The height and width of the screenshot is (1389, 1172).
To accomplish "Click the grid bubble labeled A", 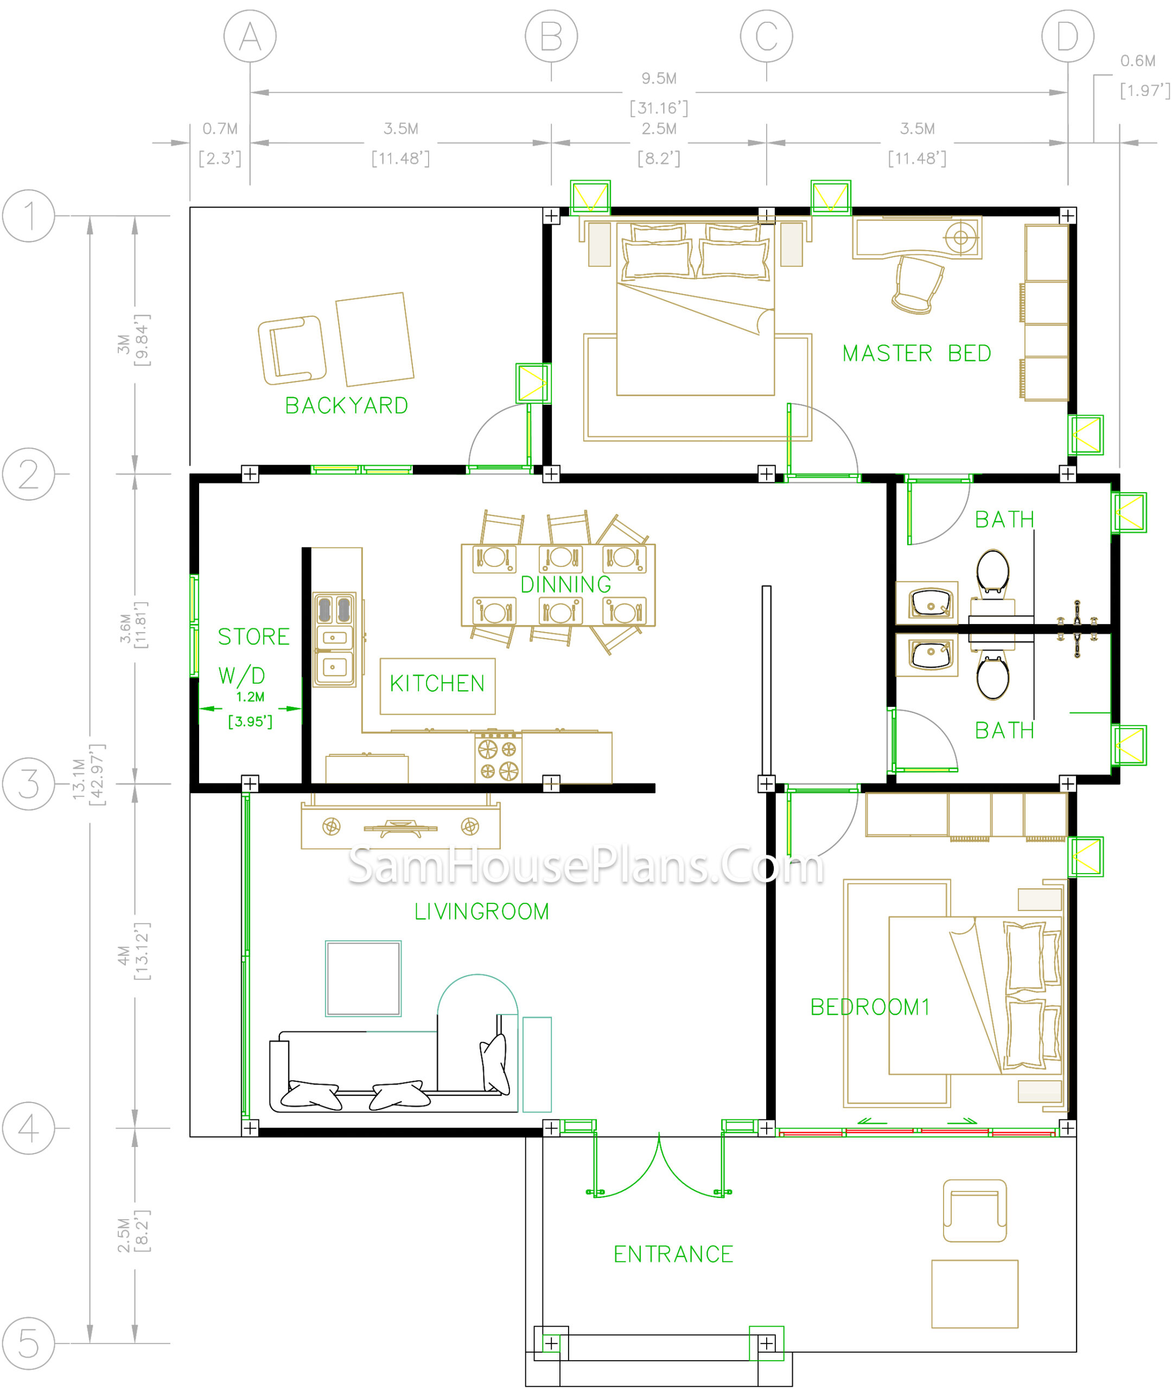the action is (x=250, y=36).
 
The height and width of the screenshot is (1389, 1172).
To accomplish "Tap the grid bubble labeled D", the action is (x=1067, y=36).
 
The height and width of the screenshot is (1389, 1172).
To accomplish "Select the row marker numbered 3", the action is (x=29, y=784).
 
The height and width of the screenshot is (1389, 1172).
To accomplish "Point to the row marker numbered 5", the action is (x=29, y=1343).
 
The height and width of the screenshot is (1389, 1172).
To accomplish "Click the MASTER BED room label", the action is (x=917, y=353).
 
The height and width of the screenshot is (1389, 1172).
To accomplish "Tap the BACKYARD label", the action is (x=347, y=405).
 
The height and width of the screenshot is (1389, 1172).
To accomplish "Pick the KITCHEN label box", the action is (x=437, y=686).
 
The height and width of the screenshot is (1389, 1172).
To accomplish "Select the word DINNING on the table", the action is (x=565, y=584).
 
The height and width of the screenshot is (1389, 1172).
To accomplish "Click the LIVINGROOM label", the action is (x=482, y=912).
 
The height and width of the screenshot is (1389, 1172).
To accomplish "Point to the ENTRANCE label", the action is (x=673, y=1254).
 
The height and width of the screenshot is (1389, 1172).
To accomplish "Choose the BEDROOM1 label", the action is (x=870, y=1007).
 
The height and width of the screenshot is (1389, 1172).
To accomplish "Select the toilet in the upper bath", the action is (x=992, y=572).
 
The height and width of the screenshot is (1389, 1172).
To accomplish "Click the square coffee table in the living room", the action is (x=364, y=978).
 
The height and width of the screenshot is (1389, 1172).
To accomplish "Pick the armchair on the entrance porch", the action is (x=974, y=1210).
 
